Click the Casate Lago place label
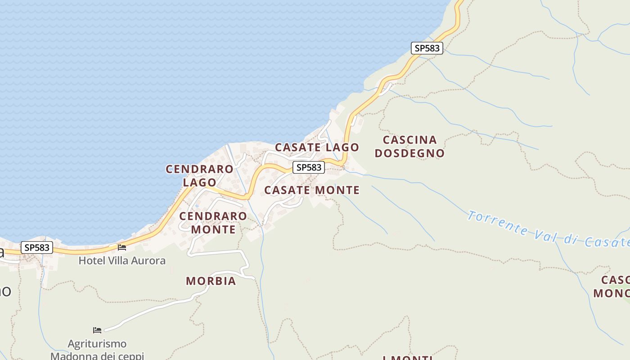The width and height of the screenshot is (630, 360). (x=317, y=147)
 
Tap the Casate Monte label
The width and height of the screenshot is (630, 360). (x=312, y=190)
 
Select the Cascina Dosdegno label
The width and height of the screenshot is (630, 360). (x=409, y=147)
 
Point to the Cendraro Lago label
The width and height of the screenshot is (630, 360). (x=199, y=175)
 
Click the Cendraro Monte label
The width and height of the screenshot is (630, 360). (x=213, y=223)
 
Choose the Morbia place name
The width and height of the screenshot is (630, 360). (x=211, y=281)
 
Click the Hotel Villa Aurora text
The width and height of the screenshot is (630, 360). (x=122, y=261)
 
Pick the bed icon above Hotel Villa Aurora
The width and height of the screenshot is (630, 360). (x=122, y=247)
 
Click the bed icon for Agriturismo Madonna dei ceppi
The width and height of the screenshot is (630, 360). (x=97, y=330)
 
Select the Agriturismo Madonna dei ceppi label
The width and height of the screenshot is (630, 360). (x=97, y=350)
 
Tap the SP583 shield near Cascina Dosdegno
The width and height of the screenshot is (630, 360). (x=427, y=48)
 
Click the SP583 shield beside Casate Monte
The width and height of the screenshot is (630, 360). (x=309, y=167)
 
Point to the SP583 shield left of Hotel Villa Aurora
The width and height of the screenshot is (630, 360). (x=37, y=247)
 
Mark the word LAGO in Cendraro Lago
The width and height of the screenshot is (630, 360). (x=199, y=182)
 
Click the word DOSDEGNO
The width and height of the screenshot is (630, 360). (x=409, y=153)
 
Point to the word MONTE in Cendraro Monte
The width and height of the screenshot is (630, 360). (x=213, y=229)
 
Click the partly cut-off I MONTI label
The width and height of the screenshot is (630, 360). (x=408, y=357)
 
